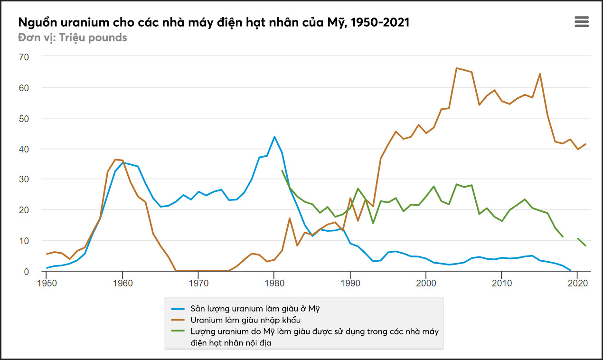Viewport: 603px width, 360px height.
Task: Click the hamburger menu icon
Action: click(x=581, y=21)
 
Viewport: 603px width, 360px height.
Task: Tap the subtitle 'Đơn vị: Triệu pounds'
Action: click(x=73, y=38)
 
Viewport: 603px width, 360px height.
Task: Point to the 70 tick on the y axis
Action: click(x=24, y=57)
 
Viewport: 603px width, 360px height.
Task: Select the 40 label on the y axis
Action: click(x=24, y=149)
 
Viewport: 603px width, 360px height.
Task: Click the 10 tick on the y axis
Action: click(x=24, y=241)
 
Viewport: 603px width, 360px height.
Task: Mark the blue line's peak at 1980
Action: click(x=274, y=137)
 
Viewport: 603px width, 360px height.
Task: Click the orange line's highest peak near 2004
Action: click(x=456, y=68)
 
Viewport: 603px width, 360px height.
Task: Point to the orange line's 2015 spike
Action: click(x=540, y=74)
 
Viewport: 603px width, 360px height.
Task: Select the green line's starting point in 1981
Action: click(x=282, y=171)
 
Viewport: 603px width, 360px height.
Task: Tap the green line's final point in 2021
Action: click(x=585, y=246)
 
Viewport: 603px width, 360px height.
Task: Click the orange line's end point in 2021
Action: click(x=585, y=144)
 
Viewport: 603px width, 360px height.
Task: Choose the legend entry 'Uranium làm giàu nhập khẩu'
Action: click(x=245, y=320)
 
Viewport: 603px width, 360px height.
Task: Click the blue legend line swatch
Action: click(x=178, y=308)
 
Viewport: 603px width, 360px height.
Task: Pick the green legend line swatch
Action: click(x=178, y=331)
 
